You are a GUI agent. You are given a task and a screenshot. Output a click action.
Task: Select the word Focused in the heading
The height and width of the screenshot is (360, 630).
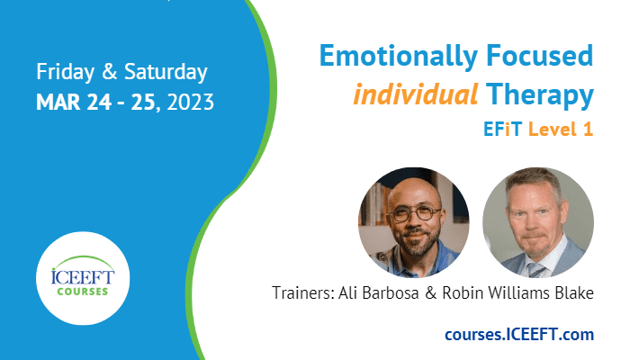click(540, 55)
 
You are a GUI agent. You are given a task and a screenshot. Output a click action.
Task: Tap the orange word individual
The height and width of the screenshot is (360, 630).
click(416, 94)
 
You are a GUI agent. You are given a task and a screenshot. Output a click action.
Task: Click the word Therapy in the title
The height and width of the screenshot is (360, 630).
click(540, 96)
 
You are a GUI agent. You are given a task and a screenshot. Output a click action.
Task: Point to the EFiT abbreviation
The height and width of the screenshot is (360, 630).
click(502, 130)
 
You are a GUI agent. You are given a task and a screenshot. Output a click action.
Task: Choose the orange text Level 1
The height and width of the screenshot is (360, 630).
click(561, 130)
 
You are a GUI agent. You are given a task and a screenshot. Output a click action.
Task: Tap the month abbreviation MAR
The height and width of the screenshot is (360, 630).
click(58, 103)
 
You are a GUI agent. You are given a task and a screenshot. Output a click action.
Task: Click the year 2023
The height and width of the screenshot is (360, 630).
click(191, 103)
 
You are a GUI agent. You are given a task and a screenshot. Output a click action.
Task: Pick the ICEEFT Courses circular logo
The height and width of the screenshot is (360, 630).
click(83, 278)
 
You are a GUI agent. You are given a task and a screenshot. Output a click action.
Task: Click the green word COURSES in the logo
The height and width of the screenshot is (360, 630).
click(83, 292)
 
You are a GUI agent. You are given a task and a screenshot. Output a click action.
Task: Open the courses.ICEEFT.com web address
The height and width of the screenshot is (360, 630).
click(519, 334)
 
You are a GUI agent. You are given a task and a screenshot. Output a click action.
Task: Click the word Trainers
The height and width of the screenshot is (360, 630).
click(303, 292)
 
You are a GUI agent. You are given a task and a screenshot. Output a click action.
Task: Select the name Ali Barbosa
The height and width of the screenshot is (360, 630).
click(379, 292)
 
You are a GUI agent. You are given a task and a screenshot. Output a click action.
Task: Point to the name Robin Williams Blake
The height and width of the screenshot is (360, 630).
click(517, 292)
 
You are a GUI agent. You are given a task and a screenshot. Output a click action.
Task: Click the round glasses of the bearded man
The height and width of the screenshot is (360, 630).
click(415, 213)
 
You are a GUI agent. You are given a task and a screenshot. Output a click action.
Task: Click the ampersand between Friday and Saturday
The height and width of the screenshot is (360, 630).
click(109, 72)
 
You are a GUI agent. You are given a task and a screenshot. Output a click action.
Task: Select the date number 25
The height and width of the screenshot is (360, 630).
click(143, 103)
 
